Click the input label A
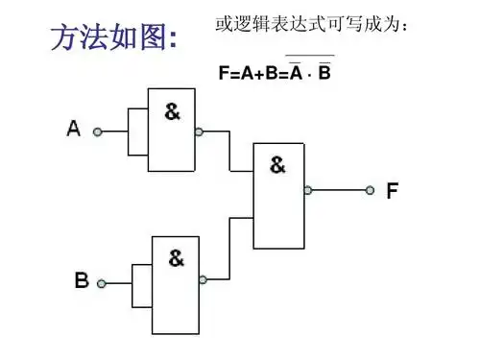[x=73, y=128]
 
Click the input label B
[x=82, y=280]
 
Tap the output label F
[x=392, y=190]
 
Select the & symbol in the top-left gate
[x=172, y=110]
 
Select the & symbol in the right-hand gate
[x=277, y=164]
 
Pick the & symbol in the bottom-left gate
[x=177, y=257]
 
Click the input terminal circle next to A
[x=96, y=132]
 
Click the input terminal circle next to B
[x=102, y=283]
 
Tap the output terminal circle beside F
[x=370, y=190]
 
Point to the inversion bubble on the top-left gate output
[x=198, y=132]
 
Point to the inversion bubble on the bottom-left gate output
[x=203, y=279]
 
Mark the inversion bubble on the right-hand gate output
[x=307, y=190]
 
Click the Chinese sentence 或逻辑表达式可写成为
[x=318, y=23]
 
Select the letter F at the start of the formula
[x=225, y=72]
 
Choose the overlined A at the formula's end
[x=297, y=72]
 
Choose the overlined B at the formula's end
[x=324, y=72]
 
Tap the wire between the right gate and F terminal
[x=338, y=190]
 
